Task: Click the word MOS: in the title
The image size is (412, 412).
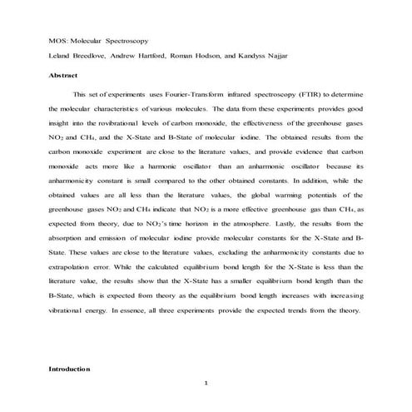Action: pyautogui.click(x=59, y=40)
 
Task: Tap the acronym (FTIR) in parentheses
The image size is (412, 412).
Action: pyautogui.click(x=309, y=95)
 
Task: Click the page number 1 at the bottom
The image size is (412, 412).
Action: pyautogui.click(x=206, y=383)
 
